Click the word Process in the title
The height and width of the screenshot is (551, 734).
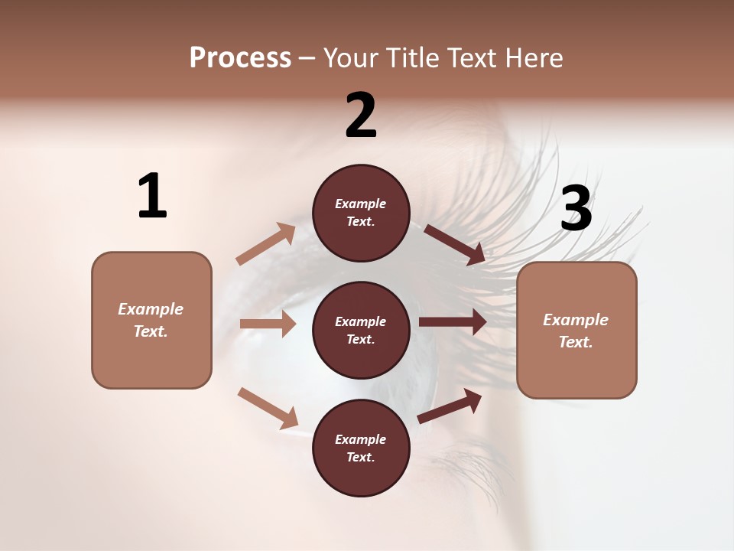click(240, 58)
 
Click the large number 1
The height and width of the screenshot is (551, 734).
click(152, 196)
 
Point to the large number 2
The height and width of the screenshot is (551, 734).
click(361, 116)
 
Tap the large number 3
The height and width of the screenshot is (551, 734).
click(576, 209)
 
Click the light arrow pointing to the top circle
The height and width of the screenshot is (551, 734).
click(266, 244)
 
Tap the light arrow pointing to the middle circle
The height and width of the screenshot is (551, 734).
click(268, 324)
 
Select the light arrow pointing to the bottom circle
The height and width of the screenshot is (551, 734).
click(268, 408)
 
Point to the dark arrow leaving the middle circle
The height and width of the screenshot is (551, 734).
click(453, 322)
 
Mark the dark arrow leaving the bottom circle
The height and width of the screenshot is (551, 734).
click(450, 406)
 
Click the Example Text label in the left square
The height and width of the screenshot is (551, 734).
click(151, 320)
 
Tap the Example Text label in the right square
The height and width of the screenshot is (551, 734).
click(576, 331)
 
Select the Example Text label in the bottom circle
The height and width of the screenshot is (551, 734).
click(361, 448)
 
